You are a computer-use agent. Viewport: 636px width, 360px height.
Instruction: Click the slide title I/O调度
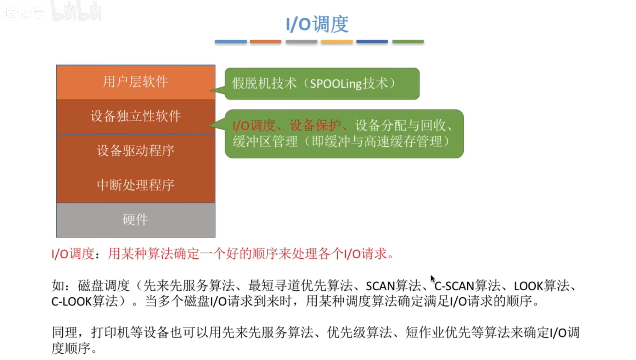[x=317, y=24]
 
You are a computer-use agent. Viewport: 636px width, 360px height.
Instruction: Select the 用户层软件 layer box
[x=135, y=82]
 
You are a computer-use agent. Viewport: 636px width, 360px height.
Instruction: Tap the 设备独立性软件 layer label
[x=135, y=116]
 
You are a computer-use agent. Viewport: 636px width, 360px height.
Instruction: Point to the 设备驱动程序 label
[x=135, y=151]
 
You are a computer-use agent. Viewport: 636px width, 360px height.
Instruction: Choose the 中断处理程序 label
[x=135, y=185]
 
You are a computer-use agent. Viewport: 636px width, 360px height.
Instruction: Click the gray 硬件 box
[x=135, y=220]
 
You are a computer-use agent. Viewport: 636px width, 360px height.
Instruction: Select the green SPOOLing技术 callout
[x=322, y=84]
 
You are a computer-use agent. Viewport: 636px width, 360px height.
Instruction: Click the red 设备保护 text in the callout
[x=315, y=126]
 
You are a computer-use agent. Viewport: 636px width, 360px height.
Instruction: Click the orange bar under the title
[x=265, y=41]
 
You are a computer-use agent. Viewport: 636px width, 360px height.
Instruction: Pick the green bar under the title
[x=408, y=41]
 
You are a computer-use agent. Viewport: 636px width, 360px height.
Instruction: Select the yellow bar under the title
[x=337, y=41]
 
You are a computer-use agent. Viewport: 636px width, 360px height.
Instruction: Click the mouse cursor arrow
[x=433, y=279]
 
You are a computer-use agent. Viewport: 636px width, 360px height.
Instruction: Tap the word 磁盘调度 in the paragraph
[x=103, y=286]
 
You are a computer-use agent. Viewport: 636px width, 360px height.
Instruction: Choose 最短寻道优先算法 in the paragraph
[x=300, y=286]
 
